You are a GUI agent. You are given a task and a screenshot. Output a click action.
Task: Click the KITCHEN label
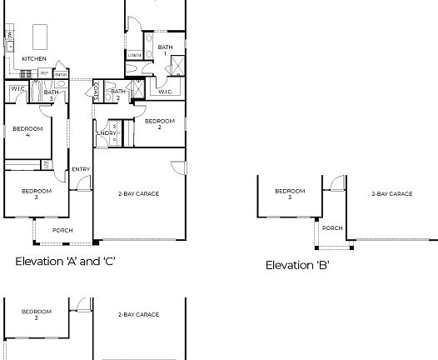[34, 58]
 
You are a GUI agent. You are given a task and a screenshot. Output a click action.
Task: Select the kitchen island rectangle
[40, 36]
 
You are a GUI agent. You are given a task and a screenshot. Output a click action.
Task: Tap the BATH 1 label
[165, 50]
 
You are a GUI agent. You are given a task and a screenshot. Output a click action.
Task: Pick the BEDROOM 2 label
[159, 124]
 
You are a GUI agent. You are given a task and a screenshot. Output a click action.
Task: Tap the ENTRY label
[81, 170]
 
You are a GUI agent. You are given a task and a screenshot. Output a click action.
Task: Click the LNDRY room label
[107, 133]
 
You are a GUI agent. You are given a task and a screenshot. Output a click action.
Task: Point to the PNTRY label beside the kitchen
[61, 74]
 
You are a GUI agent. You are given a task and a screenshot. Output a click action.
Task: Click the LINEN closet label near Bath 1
[134, 56]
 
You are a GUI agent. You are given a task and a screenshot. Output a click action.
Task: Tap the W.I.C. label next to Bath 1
[165, 92]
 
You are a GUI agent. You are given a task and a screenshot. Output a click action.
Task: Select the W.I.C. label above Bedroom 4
[17, 89]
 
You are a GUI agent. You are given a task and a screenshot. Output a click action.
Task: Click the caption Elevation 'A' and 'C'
[65, 261]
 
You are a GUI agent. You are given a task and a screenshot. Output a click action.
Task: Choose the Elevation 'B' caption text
[297, 265]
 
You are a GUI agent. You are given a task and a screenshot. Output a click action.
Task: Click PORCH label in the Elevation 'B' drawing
[332, 227]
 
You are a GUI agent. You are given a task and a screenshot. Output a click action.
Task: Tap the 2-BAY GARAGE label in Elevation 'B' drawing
[391, 193]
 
